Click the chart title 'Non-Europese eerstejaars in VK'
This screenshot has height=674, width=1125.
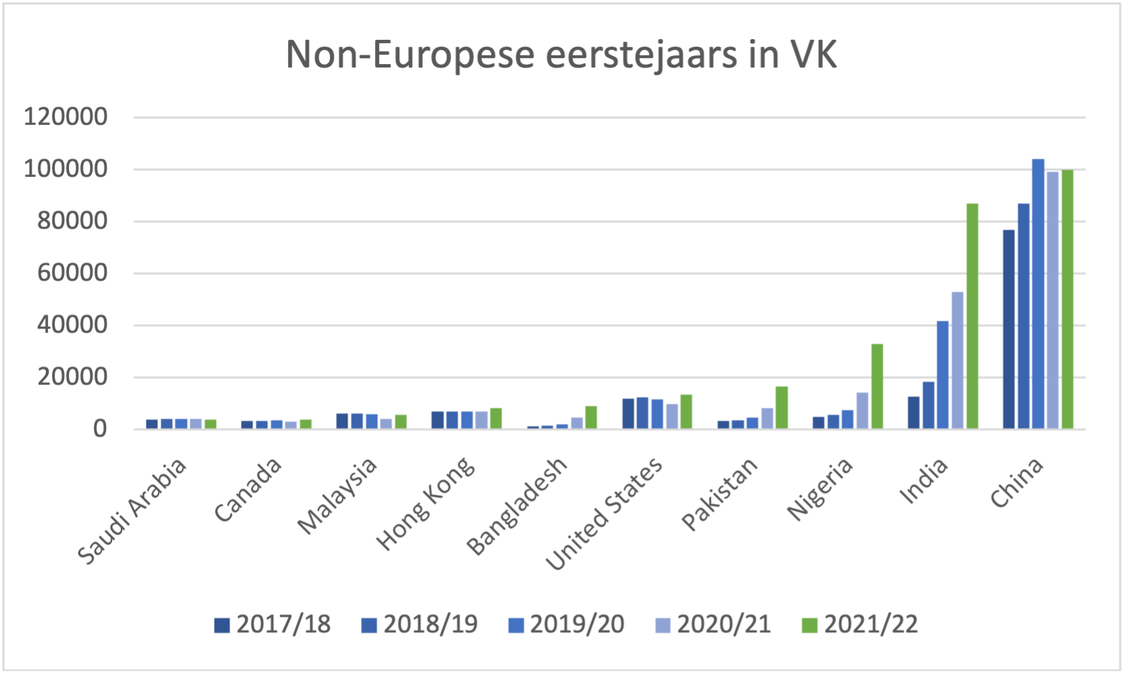(x=561, y=55)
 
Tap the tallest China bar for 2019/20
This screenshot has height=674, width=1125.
(x=1038, y=293)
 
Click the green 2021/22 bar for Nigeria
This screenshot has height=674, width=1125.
(x=877, y=386)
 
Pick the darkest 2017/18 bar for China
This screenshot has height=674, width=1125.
(x=1008, y=329)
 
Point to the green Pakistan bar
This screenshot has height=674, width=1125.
(x=782, y=408)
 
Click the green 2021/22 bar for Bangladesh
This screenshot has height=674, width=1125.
(x=591, y=417)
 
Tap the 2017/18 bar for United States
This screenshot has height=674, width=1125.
(x=628, y=414)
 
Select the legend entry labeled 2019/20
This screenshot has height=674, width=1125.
(x=567, y=625)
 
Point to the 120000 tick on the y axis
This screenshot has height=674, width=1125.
(x=65, y=117)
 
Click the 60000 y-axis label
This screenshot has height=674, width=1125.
(x=72, y=273)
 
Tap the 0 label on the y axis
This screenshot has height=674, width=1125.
(x=100, y=429)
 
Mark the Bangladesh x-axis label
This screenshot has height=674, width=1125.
(x=517, y=505)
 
